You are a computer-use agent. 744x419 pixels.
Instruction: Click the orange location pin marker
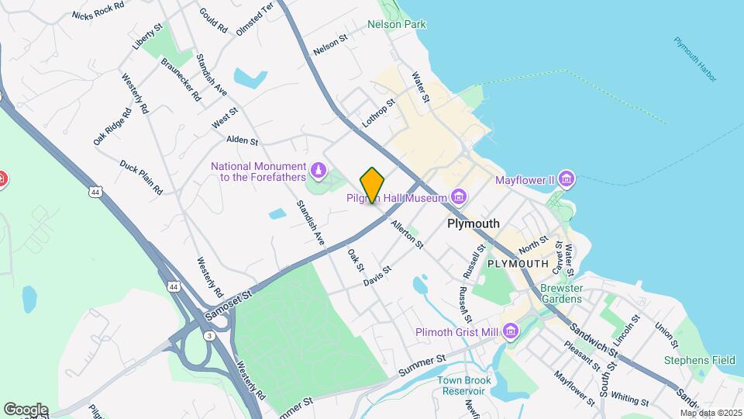point(373,185)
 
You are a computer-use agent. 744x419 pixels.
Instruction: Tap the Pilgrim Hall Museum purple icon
point(460,196)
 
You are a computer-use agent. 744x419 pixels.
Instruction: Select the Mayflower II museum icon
point(567,180)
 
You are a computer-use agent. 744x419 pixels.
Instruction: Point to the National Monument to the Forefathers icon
point(318,169)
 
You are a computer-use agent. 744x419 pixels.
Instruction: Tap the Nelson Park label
point(397,24)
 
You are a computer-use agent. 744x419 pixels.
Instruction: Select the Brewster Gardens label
point(560,293)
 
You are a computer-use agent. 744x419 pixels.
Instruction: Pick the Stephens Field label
point(700,360)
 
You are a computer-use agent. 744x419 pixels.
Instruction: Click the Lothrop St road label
point(378,113)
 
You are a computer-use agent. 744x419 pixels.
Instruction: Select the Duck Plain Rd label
point(141,177)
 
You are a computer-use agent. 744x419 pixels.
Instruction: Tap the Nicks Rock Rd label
point(98,10)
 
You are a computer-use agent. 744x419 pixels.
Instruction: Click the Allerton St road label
point(407,234)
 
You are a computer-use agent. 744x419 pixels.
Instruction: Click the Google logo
point(26,409)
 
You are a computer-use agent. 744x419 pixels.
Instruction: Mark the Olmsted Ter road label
point(255,17)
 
